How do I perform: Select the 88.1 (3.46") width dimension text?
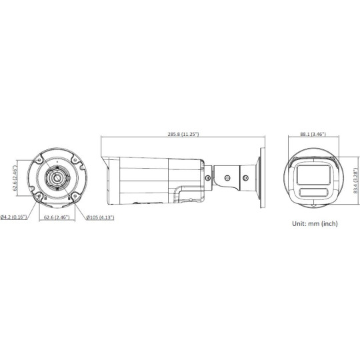(x=312, y=134)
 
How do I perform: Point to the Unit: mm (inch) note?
(x=315, y=225)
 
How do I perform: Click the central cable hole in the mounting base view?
(x=56, y=179)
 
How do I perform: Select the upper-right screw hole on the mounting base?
(x=73, y=161)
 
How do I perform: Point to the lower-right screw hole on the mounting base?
(x=73, y=196)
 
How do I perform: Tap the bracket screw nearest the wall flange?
(x=245, y=178)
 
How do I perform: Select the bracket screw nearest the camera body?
(x=209, y=178)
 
